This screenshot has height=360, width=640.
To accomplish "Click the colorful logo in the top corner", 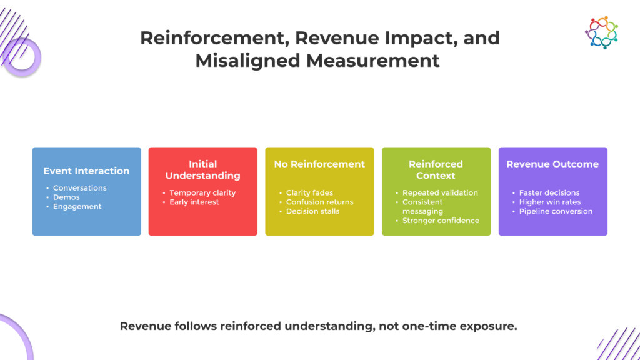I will tap(601, 32).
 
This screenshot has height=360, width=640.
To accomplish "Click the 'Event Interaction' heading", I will tap(86, 171).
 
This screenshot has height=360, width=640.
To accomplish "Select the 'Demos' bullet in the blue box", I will tap(66, 197).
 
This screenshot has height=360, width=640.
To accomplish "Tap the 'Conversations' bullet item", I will tap(79, 187).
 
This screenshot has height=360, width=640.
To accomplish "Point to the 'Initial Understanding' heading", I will tap(202, 169).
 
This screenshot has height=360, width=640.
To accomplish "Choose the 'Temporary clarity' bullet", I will tap(202, 192).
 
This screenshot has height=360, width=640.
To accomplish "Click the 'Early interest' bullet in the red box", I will tap(194, 202).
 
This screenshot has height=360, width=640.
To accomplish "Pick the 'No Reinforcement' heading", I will tap(319, 164).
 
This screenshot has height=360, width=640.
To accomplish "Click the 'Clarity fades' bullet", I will tap(309, 192).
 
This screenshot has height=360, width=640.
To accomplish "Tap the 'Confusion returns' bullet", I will tap(319, 202).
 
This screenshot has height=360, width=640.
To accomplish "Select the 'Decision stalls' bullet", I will tap(312, 211).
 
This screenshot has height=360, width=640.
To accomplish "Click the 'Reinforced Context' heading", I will tap(436, 169).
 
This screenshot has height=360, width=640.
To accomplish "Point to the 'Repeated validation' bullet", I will tap(439, 192).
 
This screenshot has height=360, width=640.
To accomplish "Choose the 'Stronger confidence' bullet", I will tap(441, 220).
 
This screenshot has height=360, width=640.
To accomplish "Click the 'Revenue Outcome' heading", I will tap(552, 164).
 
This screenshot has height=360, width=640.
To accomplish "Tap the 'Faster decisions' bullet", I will tap(549, 192).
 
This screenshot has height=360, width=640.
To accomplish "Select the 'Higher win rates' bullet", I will tap(550, 202).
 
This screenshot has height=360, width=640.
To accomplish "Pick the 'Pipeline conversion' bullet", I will tap(556, 211).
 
